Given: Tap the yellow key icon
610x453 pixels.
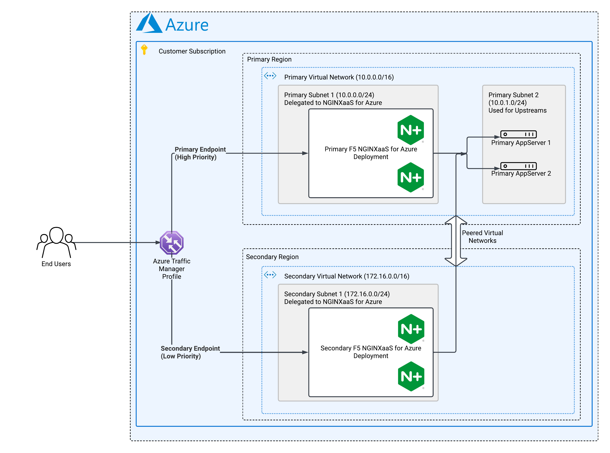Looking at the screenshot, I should [x=144, y=50].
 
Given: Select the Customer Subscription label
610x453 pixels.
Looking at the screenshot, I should [x=192, y=51].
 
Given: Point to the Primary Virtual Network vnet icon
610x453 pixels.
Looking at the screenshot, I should [x=270, y=76].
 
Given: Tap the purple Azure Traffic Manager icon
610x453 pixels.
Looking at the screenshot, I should [x=172, y=243].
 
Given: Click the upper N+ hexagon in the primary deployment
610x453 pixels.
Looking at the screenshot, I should [x=410, y=130].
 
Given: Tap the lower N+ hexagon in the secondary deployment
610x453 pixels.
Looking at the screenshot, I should [x=411, y=376].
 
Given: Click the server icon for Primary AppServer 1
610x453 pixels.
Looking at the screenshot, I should [x=518, y=134].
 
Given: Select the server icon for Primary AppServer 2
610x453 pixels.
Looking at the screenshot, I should [x=518, y=166].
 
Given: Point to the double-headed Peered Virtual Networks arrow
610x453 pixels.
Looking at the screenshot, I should [x=456, y=241].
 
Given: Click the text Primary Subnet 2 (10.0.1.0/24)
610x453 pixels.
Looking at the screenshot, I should [x=513, y=99].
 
